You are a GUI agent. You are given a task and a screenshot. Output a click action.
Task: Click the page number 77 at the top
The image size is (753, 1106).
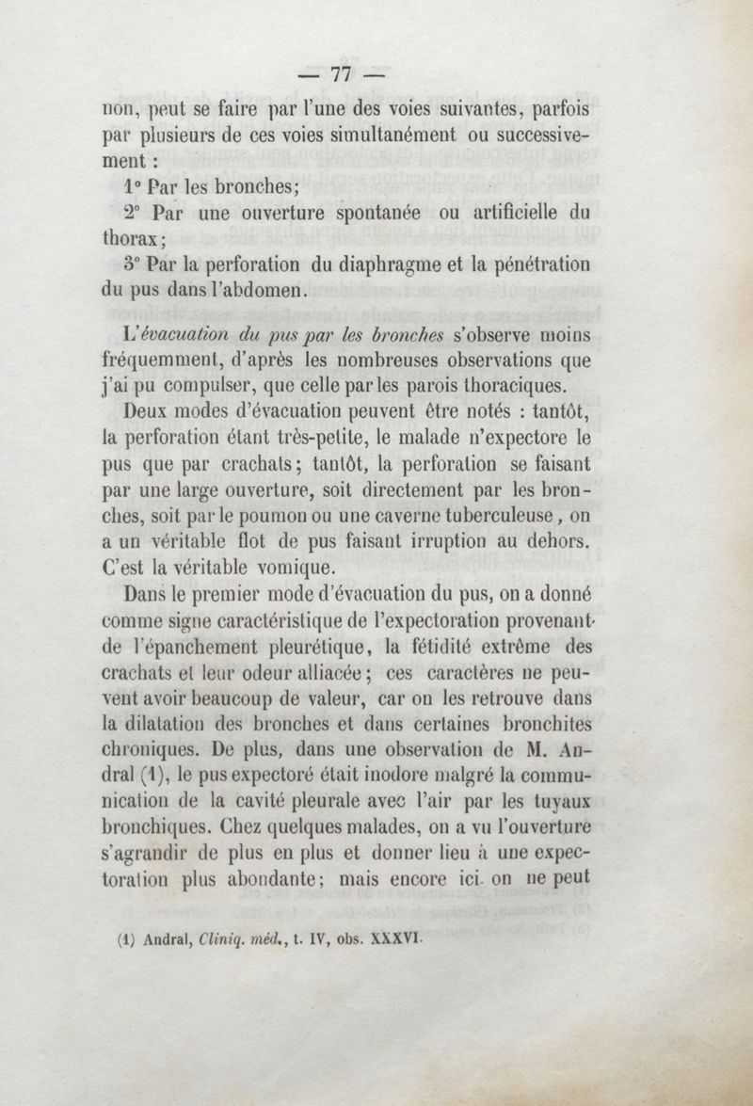[x=339, y=73]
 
